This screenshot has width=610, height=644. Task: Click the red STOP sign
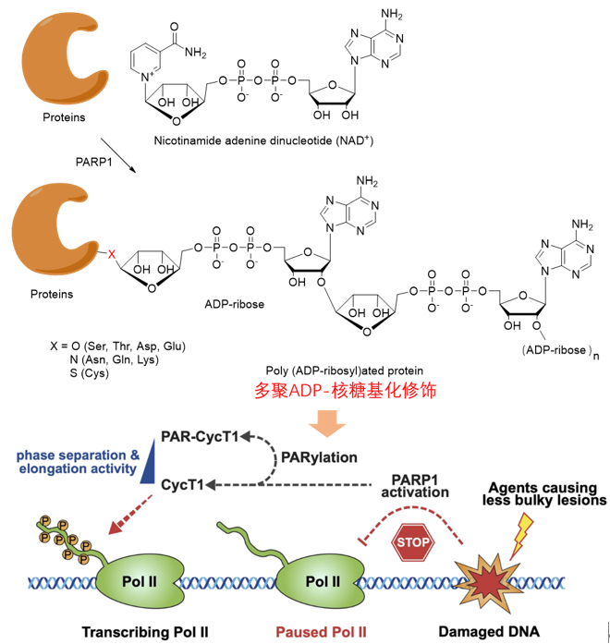pyautogui.click(x=413, y=544)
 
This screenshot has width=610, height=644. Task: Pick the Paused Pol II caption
pyautogui.click(x=323, y=632)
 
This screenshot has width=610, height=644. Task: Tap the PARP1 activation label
pyautogui.click(x=420, y=485)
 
